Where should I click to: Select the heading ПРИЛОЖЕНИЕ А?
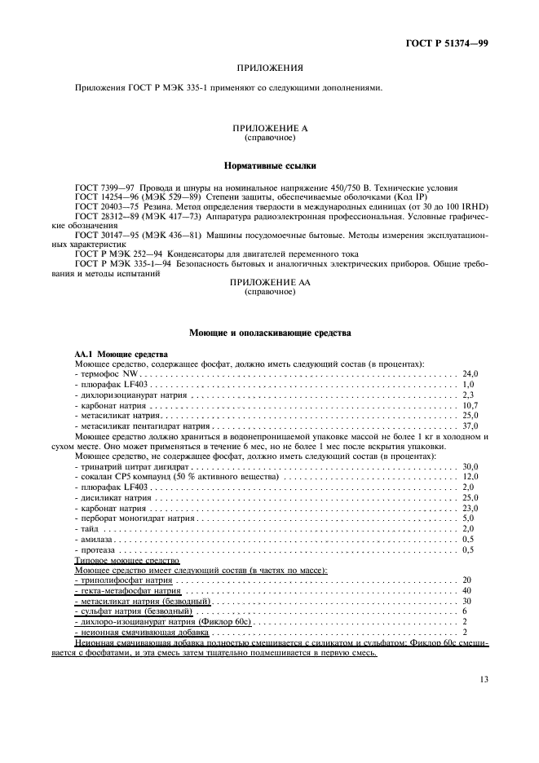(270, 129)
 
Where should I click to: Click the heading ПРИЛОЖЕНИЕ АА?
(269, 281)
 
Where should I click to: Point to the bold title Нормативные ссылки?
(269, 165)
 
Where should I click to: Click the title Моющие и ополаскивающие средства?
(270, 333)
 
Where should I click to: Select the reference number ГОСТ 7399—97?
(104, 187)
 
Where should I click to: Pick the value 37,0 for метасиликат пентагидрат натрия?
(470, 426)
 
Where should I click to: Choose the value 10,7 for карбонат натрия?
(470, 404)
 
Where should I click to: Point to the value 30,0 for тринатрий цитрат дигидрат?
(470, 466)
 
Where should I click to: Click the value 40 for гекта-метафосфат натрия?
(466, 590)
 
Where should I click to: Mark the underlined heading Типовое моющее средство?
(121, 561)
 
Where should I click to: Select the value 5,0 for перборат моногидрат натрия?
(468, 518)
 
